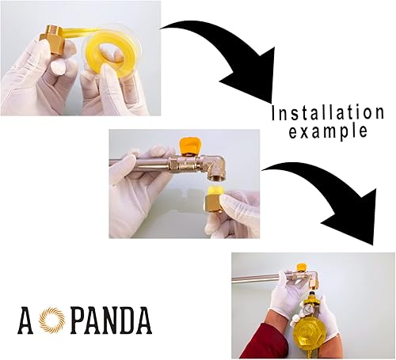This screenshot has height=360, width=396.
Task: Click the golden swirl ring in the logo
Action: coord(49,320)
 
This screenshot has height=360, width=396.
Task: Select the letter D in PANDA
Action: coord(123,320)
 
